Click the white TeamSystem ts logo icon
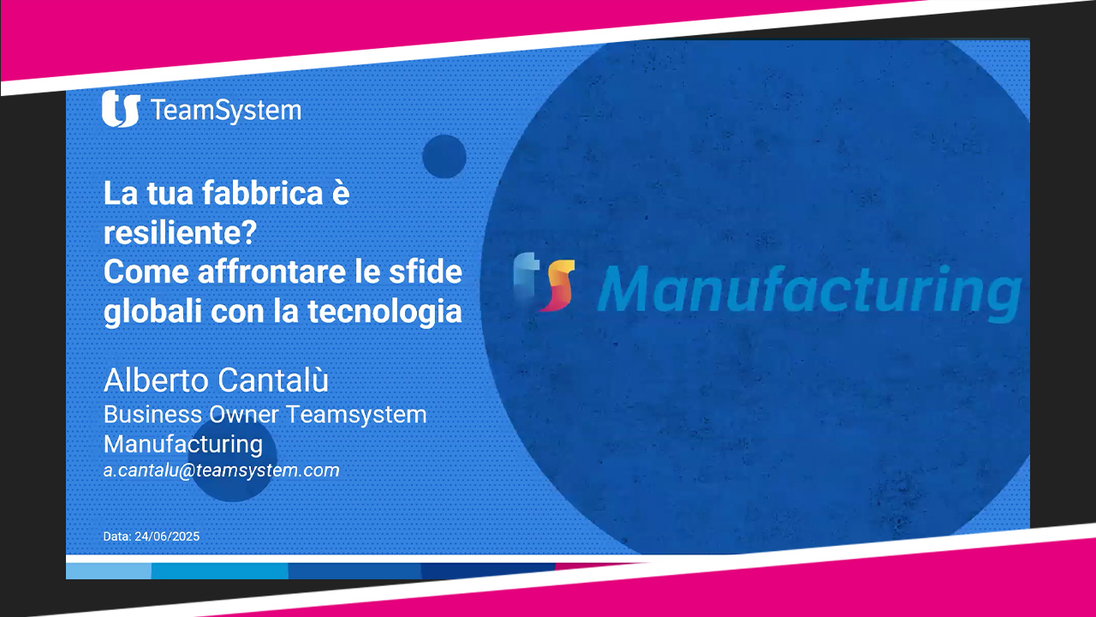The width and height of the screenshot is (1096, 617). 121,109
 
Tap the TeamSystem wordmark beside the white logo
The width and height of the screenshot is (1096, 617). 227,111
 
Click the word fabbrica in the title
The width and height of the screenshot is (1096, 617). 262,193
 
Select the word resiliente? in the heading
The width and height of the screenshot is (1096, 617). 180,232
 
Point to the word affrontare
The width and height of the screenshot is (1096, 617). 271,272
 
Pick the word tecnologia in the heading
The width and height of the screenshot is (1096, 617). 384,312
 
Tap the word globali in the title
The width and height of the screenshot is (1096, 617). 152,312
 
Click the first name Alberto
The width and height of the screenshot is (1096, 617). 156,380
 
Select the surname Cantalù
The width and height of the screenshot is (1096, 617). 272,380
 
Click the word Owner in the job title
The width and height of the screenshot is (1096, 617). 244,414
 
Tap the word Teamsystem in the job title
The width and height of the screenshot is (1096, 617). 356,414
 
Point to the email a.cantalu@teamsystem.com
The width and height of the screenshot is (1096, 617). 221,470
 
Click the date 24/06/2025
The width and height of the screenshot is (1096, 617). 167,536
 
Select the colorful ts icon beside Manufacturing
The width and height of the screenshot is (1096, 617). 544,282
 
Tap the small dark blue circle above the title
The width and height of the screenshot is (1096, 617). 444,156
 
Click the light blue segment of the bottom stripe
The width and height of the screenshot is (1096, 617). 109,571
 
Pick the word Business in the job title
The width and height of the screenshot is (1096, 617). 152,414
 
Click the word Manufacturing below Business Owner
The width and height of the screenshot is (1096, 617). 183,445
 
